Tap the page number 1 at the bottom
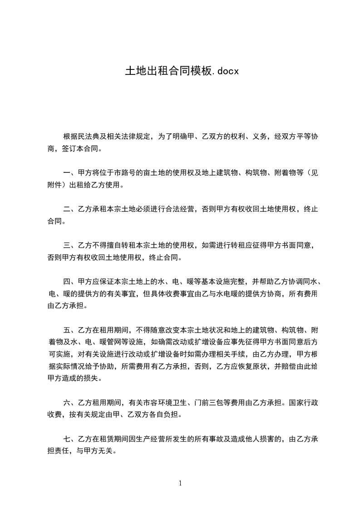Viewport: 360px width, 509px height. (180, 483)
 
